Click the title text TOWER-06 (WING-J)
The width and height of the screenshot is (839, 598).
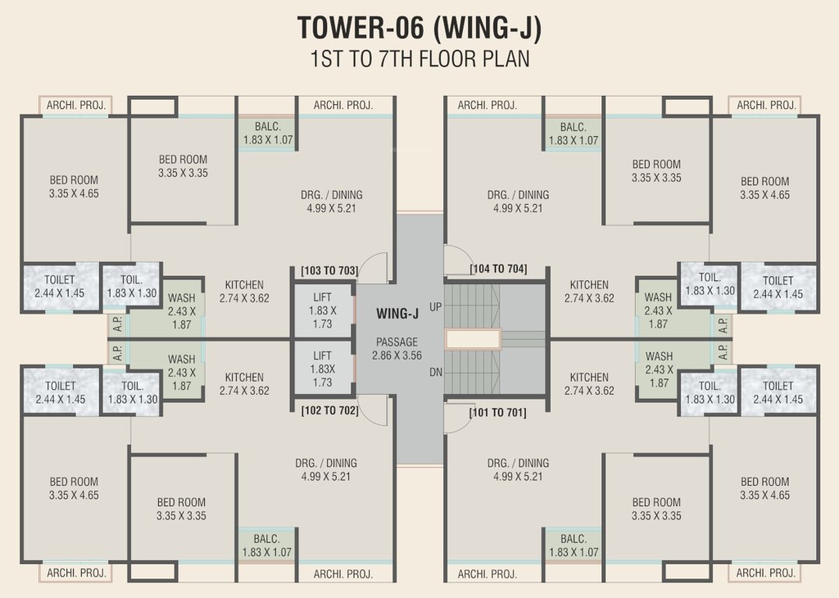419,28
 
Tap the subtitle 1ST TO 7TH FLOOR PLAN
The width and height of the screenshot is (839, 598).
419,59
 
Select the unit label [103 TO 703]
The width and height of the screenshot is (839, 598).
329,271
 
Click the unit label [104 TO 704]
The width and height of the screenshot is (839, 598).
498,269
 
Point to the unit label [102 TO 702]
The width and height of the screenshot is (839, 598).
329,410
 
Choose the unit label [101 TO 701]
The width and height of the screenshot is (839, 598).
497,413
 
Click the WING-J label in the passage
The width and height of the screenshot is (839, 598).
397,315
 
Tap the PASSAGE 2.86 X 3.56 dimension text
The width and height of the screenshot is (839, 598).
397,349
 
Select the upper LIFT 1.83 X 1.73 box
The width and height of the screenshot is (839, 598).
323,310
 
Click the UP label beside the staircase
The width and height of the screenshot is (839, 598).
435,308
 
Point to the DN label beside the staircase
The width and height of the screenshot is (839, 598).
435,372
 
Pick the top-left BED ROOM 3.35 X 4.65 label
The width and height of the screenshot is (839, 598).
74,187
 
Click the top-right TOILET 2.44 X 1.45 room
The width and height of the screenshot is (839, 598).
777,287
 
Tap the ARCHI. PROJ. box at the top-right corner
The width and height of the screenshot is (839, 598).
765,105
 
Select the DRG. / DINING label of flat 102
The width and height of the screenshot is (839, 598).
326,470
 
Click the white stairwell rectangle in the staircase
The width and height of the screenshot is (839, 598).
472,339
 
